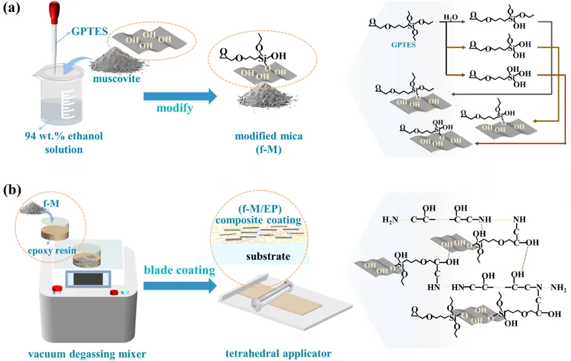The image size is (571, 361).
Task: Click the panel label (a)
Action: click(12, 9)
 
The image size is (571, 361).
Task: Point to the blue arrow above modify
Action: click(180, 96)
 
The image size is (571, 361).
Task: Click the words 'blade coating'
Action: click(180, 271)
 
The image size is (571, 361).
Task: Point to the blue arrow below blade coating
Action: click(180, 285)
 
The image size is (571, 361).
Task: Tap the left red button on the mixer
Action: click(56, 289)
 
